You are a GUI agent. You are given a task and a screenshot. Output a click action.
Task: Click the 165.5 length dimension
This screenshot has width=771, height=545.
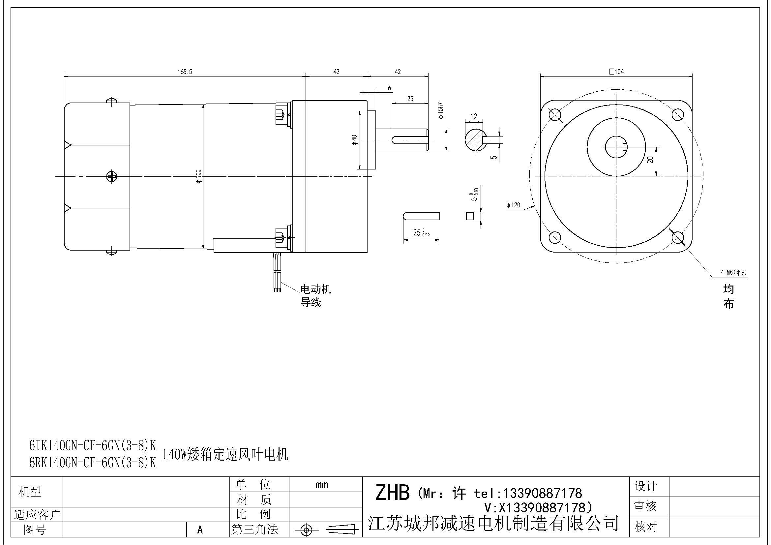pyautogui.click(x=185, y=72)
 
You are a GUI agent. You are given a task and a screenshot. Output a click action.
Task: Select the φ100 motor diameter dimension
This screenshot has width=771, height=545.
pyautogui.click(x=199, y=176)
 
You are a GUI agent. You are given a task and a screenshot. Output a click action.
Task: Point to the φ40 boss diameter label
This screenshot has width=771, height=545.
pyautogui.click(x=355, y=140)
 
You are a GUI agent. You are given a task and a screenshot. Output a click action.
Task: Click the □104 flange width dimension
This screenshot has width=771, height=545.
pyautogui.click(x=616, y=72)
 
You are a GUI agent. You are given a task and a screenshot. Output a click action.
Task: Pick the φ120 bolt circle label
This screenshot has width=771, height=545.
pyautogui.click(x=513, y=205)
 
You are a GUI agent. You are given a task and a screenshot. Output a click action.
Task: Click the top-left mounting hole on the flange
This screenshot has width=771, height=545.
pyautogui.click(x=554, y=115)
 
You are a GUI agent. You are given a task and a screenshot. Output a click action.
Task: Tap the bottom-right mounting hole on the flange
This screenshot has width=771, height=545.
pyautogui.click(x=678, y=238)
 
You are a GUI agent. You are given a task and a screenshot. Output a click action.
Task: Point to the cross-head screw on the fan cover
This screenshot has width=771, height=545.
pyautogui.click(x=111, y=176)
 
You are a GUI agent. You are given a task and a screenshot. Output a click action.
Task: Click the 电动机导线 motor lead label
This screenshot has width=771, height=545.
pyautogui.click(x=315, y=295)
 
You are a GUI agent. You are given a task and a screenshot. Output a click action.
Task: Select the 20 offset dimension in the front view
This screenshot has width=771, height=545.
pyautogui.click(x=651, y=160)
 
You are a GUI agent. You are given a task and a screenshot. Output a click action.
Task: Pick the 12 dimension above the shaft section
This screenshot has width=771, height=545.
pyautogui.click(x=473, y=116)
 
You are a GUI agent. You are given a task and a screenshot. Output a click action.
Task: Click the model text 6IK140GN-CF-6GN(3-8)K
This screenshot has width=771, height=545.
pyautogui.click(x=92, y=445)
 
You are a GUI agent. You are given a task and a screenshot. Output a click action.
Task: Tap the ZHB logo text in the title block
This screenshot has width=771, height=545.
pyautogui.click(x=392, y=493)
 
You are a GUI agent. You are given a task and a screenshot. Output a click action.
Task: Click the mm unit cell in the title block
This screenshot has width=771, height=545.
pyautogui.click(x=321, y=485)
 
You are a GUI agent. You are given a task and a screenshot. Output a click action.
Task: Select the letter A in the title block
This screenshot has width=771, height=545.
pyautogui.click(x=200, y=530)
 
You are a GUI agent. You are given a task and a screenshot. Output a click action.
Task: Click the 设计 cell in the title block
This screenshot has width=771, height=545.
pyautogui.click(x=645, y=486)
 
